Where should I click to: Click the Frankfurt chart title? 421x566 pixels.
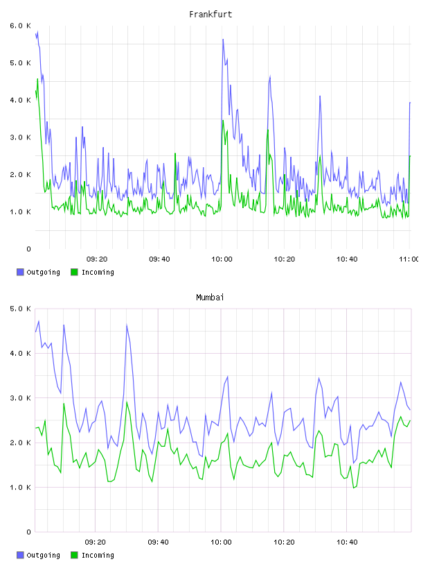coord(210,15)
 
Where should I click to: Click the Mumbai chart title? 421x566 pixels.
coord(210,298)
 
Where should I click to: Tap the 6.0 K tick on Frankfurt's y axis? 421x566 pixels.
coord(20,26)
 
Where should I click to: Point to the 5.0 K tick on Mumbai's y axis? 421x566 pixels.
coord(20,309)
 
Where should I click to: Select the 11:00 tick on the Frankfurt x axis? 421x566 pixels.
coord(409,259)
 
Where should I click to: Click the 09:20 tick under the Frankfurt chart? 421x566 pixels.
coord(97,259)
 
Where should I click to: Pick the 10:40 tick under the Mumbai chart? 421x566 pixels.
coord(347,542)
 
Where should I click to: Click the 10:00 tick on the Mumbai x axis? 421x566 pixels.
coord(222,542)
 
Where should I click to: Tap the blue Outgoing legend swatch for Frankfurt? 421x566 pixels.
coord(20,272)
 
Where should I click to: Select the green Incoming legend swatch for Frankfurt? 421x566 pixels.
coord(74,272)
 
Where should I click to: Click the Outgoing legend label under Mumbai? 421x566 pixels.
coord(43,555)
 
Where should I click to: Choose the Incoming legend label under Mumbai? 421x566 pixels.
coord(98,555)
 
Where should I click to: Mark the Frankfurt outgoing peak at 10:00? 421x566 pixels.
coord(223,39)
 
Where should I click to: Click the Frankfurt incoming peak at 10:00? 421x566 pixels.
coord(223,120)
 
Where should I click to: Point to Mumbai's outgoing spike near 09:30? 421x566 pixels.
coord(127,325)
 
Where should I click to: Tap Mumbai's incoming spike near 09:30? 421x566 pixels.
coord(127,402)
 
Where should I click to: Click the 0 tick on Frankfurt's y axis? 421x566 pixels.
coord(28,249)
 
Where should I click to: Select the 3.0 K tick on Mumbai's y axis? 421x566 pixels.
coord(20,398)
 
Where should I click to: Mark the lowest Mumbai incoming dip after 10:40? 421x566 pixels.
coord(354,488)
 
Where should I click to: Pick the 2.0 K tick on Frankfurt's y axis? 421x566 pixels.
coord(20,175)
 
